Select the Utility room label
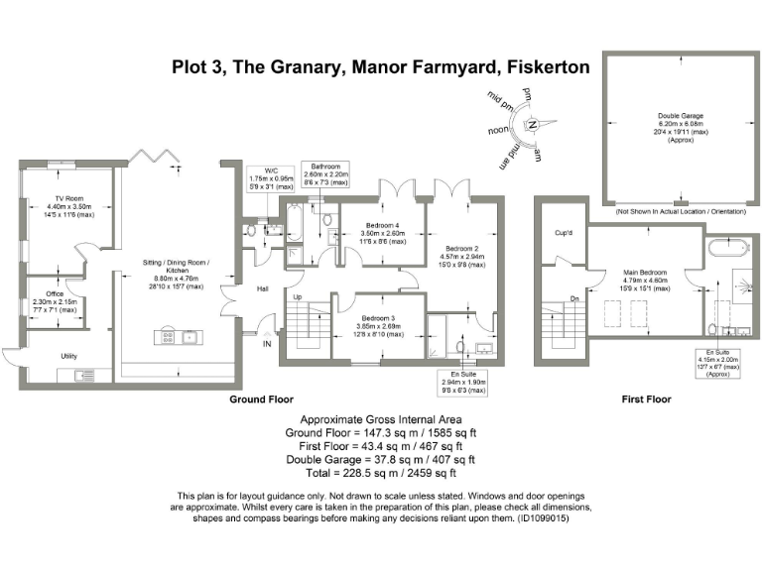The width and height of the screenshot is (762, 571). click(x=68, y=356)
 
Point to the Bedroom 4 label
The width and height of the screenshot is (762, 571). click(x=382, y=224)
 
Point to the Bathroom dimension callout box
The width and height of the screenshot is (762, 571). click(x=325, y=173)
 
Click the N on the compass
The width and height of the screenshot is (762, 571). click(x=533, y=125)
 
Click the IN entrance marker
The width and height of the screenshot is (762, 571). click(x=266, y=344)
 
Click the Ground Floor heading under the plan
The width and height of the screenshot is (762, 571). click(x=262, y=400)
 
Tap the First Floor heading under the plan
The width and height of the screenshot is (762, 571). click(x=646, y=400)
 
